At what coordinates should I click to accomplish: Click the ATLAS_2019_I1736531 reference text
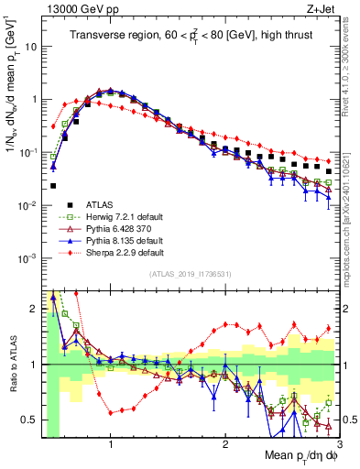point(190,274)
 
